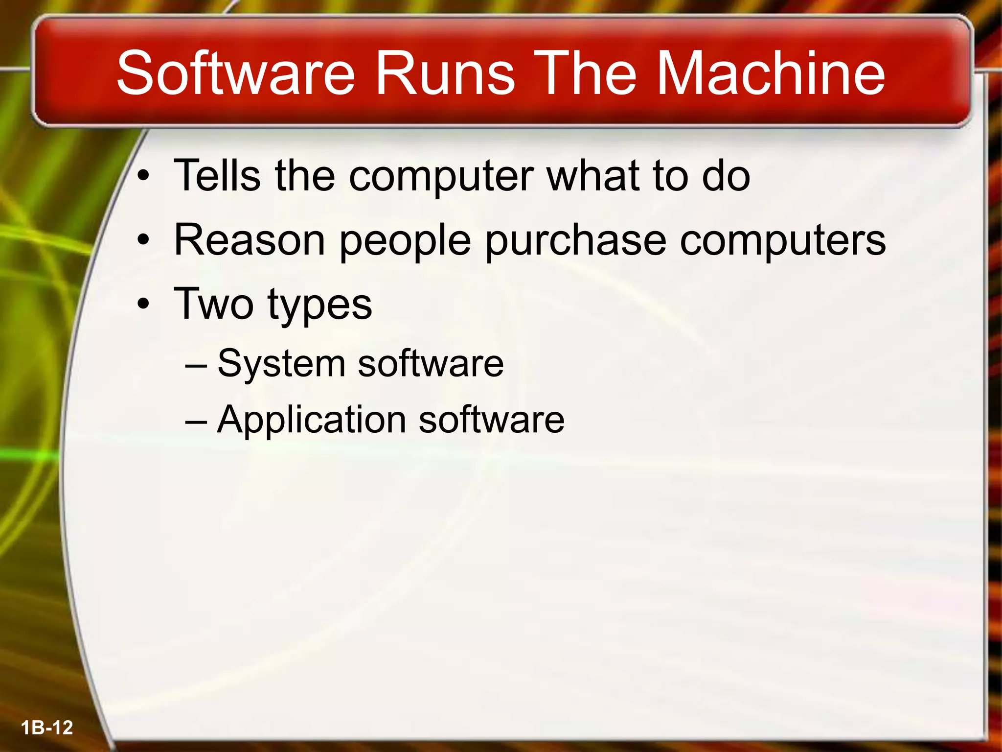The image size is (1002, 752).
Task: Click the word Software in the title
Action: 235,73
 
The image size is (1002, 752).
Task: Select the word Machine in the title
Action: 771,73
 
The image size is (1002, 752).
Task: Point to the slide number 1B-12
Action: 47,728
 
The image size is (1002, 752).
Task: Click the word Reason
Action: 250,240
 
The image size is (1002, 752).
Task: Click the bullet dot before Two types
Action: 143,305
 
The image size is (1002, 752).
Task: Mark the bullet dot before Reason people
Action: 143,240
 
